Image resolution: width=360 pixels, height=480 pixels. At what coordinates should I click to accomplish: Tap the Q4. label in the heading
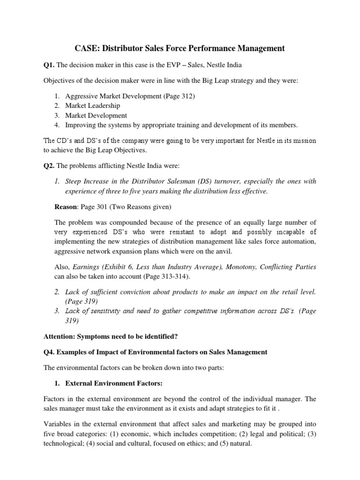click(50, 352)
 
